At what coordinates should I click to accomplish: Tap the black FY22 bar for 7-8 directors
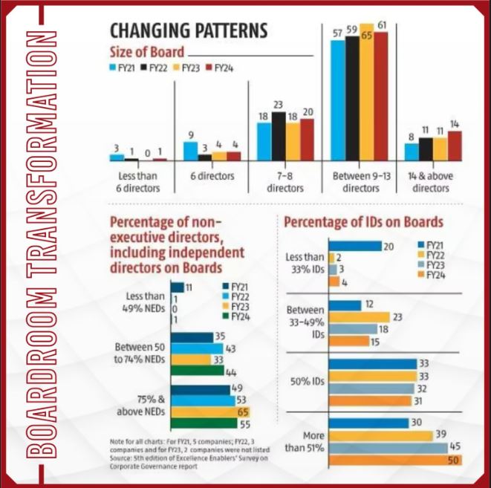coord(279,137)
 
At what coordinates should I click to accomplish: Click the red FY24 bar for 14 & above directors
coord(454,146)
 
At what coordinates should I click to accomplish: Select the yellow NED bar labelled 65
coord(210,411)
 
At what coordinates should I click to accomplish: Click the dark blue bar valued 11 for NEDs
coord(177,287)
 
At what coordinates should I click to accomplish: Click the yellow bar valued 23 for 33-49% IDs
coord(359,317)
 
